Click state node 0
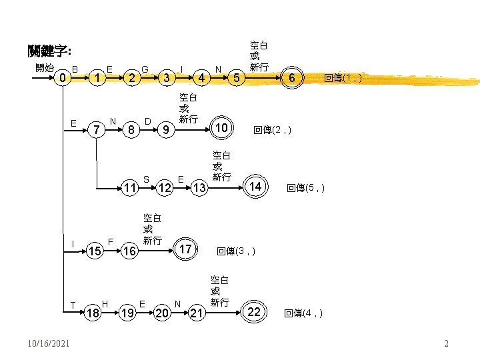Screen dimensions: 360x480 [x=62, y=79]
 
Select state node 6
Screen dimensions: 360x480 [x=291, y=79]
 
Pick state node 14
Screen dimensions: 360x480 [x=255, y=186]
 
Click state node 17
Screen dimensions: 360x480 [x=186, y=249]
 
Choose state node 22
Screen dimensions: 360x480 [x=254, y=312]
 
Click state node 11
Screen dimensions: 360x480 [x=130, y=189]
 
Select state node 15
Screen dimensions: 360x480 [x=95, y=252]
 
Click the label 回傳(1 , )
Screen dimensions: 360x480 [x=344, y=79]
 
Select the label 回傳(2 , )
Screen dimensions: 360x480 [x=272, y=130]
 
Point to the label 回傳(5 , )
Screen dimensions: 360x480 [x=305, y=189]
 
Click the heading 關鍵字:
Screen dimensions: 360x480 [x=50, y=51]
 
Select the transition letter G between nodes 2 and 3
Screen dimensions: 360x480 [x=145, y=68]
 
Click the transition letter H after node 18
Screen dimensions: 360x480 [x=105, y=303]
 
